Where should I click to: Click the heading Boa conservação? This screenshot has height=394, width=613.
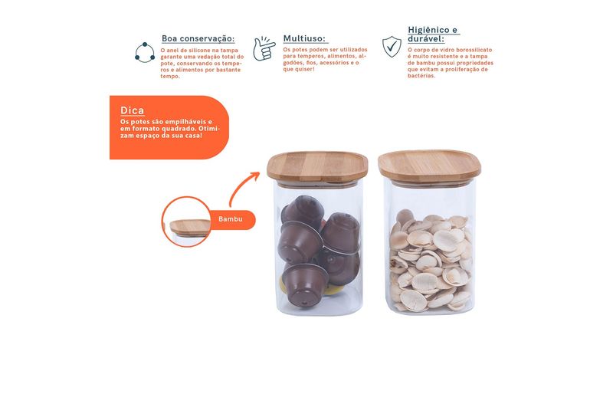pyautogui.click(x=198, y=39)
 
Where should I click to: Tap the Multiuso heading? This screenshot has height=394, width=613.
pyautogui.click(x=304, y=39)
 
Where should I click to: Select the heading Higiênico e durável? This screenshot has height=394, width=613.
pyautogui.click(x=432, y=34)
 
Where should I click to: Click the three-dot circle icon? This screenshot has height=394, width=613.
pyautogui.click(x=145, y=52)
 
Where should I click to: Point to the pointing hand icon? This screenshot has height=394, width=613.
pyautogui.click(x=264, y=49)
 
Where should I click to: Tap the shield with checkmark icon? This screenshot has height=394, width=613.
pyautogui.click(x=392, y=47)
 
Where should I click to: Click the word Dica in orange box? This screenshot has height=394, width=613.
pyautogui.click(x=132, y=110)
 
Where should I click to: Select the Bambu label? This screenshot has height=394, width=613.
pyautogui.click(x=231, y=219)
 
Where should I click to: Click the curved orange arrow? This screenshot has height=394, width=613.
pyautogui.click(x=241, y=186)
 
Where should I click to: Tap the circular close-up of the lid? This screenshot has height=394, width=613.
pyautogui.click(x=186, y=222)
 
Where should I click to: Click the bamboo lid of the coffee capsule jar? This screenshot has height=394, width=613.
pyautogui.click(x=317, y=166)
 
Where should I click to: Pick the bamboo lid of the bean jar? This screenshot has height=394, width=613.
pyautogui.click(x=429, y=166)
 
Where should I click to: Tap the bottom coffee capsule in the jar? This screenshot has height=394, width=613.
pyautogui.click(x=305, y=285)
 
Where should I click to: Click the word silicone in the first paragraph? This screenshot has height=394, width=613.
pyautogui.click(x=200, y=51)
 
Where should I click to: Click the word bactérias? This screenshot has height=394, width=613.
pyautogui.click(x=421, y=76)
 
